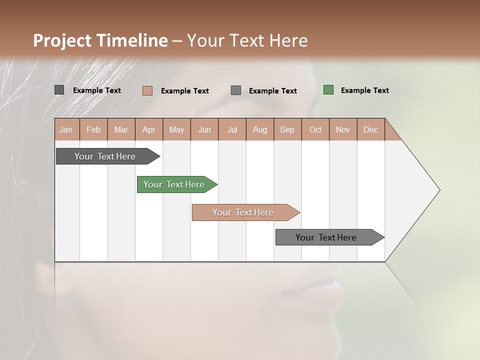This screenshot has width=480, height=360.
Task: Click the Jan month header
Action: (66, 129)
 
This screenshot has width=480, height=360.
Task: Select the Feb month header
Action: (93, 129)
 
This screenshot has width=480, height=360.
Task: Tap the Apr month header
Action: (148, 129)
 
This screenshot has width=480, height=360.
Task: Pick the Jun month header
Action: (204, 129)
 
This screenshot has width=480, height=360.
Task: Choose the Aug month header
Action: (260, 129)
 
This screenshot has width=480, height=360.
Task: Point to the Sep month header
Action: (287, 129)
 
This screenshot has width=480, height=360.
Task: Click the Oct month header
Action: (315, 129)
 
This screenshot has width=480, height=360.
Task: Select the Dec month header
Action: (370, 129)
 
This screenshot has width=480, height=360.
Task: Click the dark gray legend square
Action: (59, 90)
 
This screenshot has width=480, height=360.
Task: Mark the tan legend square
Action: (147, 90)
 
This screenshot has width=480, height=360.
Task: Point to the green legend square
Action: (328, 90)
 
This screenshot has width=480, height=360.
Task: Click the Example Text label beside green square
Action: (364, 90)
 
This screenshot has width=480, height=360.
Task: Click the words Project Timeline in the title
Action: (100, 40)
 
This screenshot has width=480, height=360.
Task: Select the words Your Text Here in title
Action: (247, 40)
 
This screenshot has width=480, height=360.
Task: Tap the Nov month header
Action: (343, 129)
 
